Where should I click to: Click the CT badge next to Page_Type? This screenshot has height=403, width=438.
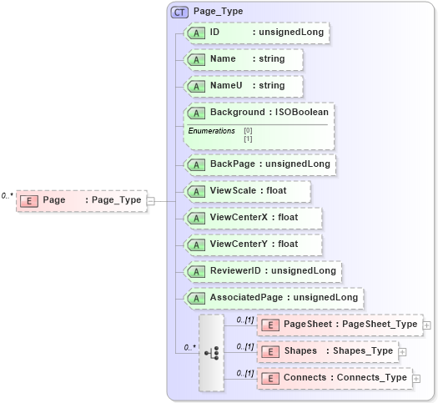click(x=178, y=13)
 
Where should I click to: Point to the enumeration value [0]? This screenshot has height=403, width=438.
click(x=248, y=131)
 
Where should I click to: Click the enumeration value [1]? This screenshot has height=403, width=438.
click(x=248, y=139)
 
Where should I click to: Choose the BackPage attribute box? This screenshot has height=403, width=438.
click(x=259, y=164)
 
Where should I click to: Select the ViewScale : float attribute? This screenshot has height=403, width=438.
click(x=248, y=191)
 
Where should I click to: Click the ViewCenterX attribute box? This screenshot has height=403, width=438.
click(x=253, y=218)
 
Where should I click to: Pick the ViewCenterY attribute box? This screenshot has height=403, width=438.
click(x=253, y=244)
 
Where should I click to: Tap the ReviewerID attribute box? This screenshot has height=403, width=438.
click(x=262, y=271)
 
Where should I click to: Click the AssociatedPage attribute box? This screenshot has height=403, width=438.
click(x=273, y=297)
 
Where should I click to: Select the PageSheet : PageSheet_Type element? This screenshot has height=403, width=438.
click(x=339, y=325)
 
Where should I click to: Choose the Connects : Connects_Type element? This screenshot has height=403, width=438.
click(x=334, y=378)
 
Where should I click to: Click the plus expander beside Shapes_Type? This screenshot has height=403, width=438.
click(x=403, y=352)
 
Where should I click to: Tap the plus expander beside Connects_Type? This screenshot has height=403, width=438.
click(x=417, y=379)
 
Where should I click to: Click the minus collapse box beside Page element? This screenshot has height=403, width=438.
click(x=151, y=200)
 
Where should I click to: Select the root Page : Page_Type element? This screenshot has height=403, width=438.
click(x=81, y=200)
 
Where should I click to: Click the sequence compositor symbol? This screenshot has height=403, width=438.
click(x=212, y=353)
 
